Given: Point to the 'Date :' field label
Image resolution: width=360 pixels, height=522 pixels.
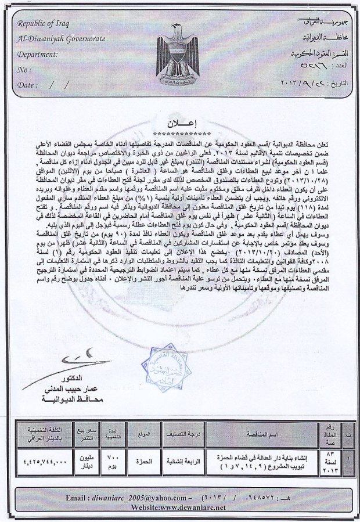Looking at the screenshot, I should (x=28, y=85).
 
